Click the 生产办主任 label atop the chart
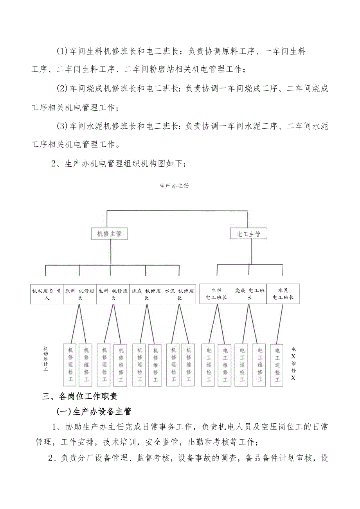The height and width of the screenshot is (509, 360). pos(174,186)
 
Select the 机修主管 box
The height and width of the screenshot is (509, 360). pos(109,234)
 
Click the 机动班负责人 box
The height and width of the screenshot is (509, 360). pos(47,294)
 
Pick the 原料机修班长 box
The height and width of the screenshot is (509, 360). pos(80,294)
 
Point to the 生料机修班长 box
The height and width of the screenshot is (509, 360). pos(113,294)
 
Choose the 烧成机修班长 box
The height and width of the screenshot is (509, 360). pos(146,294)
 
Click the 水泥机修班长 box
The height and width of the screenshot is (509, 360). pos(179,294)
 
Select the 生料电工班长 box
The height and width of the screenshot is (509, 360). pos(216,294)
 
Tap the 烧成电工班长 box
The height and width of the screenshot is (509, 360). pos(250,294)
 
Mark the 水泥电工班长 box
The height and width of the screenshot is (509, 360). pos(283,294)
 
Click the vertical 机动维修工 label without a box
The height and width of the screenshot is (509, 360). pos(46,358)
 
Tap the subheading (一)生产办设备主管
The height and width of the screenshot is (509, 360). pos(94,411)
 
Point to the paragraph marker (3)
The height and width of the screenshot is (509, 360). pos(62,126)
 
